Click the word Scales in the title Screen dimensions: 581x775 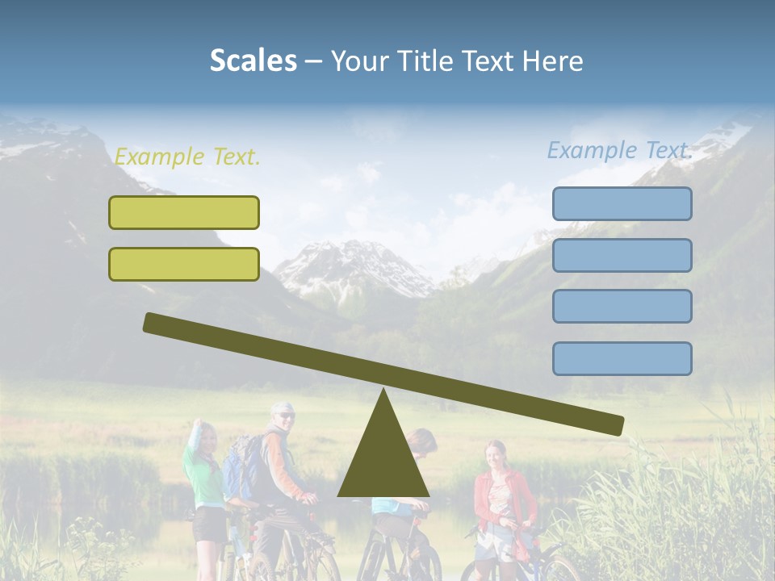[x=253, y=61]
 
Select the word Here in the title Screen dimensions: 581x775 [x=552, y=61]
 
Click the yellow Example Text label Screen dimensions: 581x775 [x=187, y=157]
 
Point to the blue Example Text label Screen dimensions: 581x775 [x=619, y=150]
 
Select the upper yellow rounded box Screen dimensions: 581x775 [x=184, y=212]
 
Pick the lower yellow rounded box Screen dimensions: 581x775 [x=184, y=264]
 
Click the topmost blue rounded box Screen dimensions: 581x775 [x=622, y=203]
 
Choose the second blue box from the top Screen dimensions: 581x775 [x=622, y=255]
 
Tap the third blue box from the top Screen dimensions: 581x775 [x=622, y=306]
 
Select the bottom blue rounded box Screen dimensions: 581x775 [x=622, y=358]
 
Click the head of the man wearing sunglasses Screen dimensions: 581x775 [x=283, y=416]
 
